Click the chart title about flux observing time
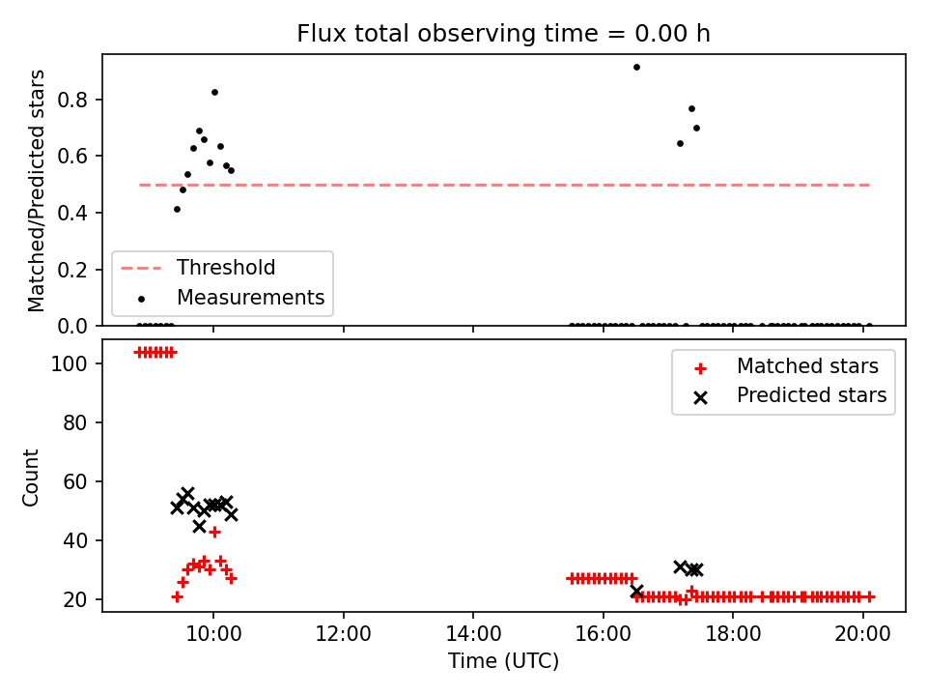[x=503, y=34]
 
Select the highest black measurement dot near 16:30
[x=636, y=68]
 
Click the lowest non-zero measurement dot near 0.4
[x=177, y=210]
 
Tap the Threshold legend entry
[x=198, y=268]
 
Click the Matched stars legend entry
[x=786, y=366]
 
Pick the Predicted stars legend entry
[x=790, y=395]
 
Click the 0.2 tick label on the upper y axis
[x=71, y=270]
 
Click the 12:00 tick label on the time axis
[x=344, y=634]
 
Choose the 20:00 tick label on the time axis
[x=862, y=634]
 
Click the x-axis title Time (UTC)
[x=503, y=661]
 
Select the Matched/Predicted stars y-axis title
[x=36, y=190]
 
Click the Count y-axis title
[x=30, y=478]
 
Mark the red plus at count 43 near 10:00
[x=214, y=532]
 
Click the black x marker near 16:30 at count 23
[x=636, y=591]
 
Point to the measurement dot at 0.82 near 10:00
[x=214, y=93]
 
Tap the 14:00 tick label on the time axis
[x=473, y=634]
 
